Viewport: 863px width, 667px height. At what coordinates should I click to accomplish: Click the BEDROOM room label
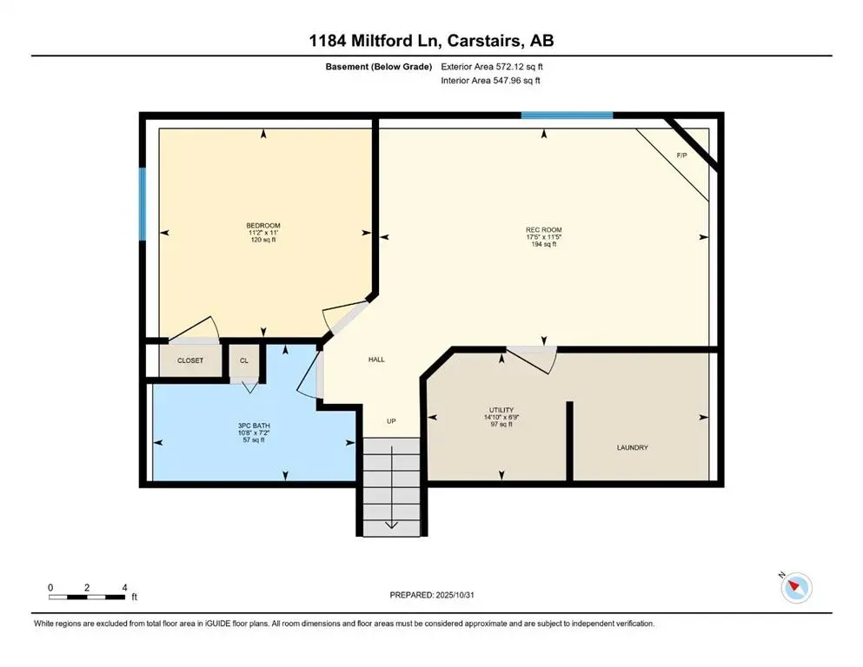click(263, 226)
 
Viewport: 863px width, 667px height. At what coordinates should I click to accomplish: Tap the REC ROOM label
click(543, 230)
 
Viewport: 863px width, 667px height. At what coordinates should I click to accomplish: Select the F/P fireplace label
click(682, 155)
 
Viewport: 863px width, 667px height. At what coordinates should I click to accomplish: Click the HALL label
click(376, 359)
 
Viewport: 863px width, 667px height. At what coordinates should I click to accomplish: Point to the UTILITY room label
click(501, 411)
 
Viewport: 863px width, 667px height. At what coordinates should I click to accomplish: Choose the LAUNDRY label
click(633, 448)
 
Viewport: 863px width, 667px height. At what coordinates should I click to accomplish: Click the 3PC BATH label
click(253, 426)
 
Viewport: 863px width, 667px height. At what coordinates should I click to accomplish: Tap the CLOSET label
click(190, 360)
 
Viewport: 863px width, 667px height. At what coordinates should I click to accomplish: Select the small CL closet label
click(243, 360)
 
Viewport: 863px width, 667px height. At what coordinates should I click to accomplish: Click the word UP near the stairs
click(391, 421)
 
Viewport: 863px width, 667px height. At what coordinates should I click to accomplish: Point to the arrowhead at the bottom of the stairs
click(391, 524)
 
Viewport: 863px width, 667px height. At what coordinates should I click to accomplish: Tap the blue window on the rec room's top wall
click(567, 115)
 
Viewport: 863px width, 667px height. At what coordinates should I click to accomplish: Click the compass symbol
click(795, 588)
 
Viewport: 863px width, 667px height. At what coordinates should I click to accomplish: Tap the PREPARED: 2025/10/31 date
click(432, 595)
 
